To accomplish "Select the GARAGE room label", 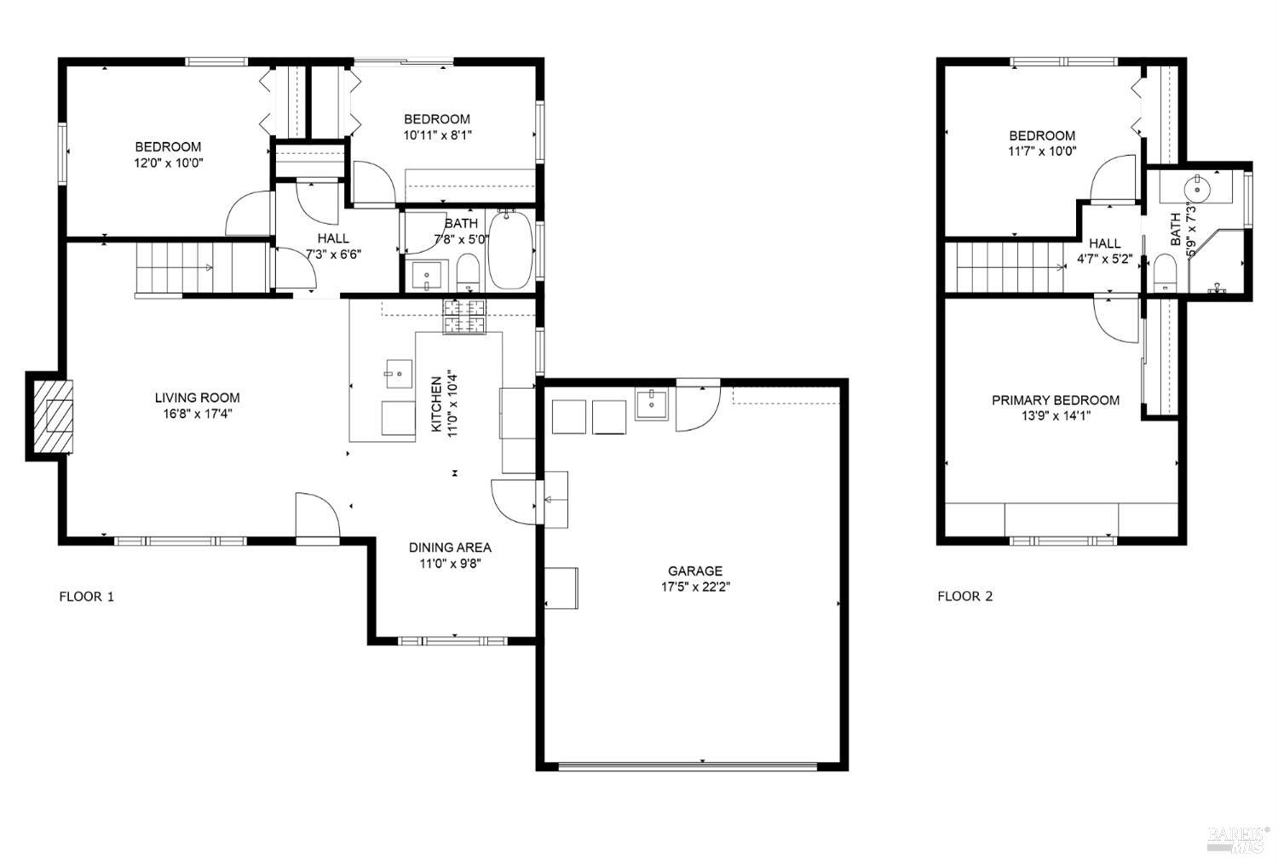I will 694,571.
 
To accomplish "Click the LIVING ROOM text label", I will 197,398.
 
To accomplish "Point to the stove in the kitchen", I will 463,317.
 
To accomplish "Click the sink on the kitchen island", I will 397,372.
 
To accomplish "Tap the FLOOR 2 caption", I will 964,596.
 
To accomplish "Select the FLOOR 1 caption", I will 86,596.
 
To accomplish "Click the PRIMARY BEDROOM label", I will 1055,400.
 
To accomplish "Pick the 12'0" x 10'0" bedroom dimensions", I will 168,162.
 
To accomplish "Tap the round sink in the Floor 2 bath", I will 1197,186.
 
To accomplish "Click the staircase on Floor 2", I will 1005,266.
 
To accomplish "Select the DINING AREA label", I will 449,547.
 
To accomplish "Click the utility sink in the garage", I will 653,404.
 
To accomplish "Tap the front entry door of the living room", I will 317,516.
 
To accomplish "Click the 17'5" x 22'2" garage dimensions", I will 694,586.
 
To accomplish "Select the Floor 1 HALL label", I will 332,238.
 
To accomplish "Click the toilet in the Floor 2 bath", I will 1162,273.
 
